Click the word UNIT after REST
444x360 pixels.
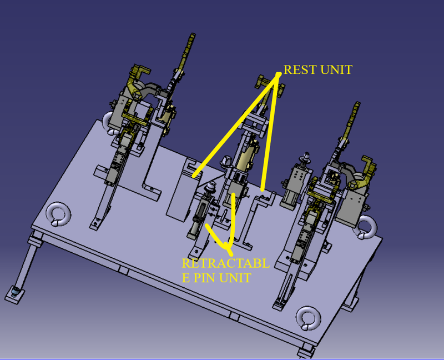point(336,71)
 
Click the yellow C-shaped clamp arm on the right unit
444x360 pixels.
point(366,167)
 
